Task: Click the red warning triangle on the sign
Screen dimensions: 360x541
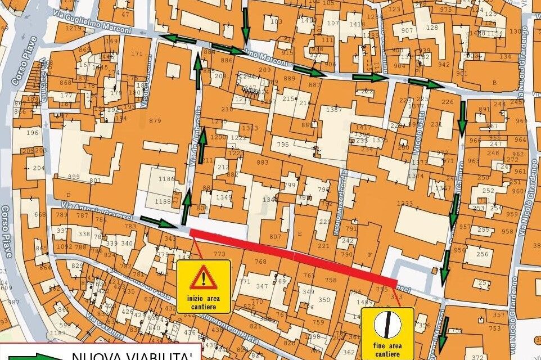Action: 204,277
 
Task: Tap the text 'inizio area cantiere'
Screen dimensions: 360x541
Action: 204,301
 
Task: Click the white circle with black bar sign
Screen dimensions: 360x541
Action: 387,324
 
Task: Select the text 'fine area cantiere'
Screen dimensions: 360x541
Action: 387,349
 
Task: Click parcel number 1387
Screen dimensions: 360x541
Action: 333,110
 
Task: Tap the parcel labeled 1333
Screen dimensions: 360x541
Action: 404,204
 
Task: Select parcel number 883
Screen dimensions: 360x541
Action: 263,163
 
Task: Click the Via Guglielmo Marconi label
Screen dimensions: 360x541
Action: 93,21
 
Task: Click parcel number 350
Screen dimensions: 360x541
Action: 324,300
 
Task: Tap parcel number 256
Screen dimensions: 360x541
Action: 483,254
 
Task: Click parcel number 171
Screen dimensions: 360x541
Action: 136,54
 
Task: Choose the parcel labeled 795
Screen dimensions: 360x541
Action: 283,145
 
